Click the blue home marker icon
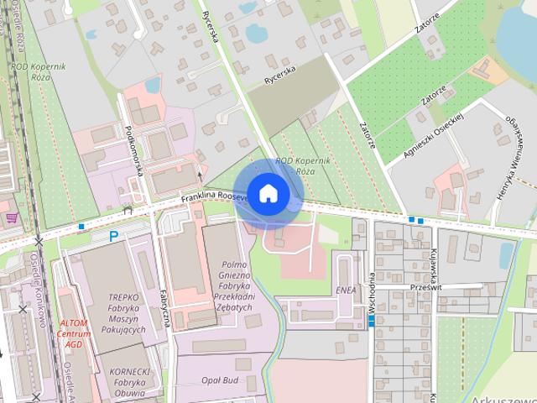pyautogui.click(x=268, y=193)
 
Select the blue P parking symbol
pyautogui.click(x=113, y=237)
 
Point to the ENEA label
pyautogui.click(x=346, y=290)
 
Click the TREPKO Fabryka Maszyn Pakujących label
pyautogui.click(x=128, y=313)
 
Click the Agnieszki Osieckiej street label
pyautogui.click(x=435, y=133)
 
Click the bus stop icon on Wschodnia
pyautogui.click(x=371, y=319)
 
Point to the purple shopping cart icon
pyautogui.click(x=12, y=217)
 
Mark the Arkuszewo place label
pyautogui.click(x=503, y=398)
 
